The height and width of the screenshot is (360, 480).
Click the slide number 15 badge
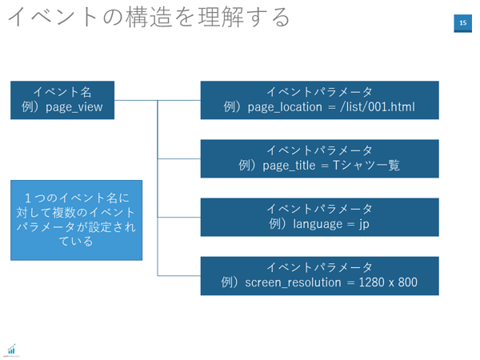click(x=462, y=23)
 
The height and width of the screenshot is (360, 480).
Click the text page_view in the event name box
click(x=74, y=107)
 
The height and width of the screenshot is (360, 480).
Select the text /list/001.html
click(x=378, y=107)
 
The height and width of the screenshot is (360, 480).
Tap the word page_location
click(x=285, y=107)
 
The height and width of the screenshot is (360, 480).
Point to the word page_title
click(x=289, y=166)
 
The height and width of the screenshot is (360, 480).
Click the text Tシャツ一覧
click(x=366, y=166)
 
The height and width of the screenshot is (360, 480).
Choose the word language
click(x=318, y=224)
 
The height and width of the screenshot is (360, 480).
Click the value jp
click(x=364, y=224)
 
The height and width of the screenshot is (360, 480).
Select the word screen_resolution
click(x=293, y=282)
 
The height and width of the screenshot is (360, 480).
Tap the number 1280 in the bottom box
click(x=371, y=282)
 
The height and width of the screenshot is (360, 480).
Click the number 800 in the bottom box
click(x=407, y=282)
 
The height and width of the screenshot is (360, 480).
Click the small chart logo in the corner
click(x=12, y=350)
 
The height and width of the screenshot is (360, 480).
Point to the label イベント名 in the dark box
click(x=62, y=91)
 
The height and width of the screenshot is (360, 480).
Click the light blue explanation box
click(x=76, y=220)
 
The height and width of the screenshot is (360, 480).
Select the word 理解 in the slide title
click(x=221, y=17)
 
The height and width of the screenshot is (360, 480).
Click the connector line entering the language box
click(x=179, y=218)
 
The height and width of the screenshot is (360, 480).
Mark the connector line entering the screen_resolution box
click(x=179, y=276)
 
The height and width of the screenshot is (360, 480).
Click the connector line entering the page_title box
click(x=179, y=158)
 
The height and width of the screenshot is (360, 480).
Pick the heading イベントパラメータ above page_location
click(x=319, y=91)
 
